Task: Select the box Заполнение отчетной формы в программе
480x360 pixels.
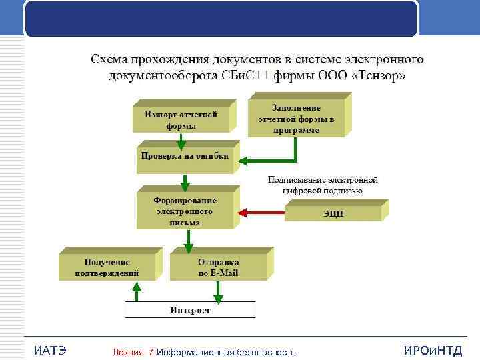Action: click(x=296, y=119)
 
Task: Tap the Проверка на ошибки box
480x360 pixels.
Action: click(x=184, y=156)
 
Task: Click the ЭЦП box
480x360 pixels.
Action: click(x=334, y=213)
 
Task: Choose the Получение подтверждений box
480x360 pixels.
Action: click(x=107, y=267)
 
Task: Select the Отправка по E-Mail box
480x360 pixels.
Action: click(x=217, y=267)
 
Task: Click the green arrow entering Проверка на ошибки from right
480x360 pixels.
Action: click(x=267, y=161)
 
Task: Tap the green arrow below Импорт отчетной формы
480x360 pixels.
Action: click(x=181, y=141)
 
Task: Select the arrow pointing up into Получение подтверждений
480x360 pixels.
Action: click(x=137, y=291)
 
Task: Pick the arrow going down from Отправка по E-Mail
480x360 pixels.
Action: click(x=217, y=291)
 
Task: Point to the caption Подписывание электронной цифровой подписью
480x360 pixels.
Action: click(x=323, y=185)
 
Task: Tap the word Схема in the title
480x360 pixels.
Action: click(x=112, y=59)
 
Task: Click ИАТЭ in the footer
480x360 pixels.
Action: click(x=49, y=351)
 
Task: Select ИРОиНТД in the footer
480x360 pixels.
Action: click(x=433, y=351)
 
